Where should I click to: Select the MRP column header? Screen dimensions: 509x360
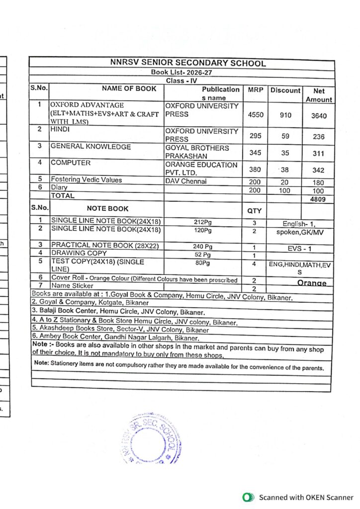tap(255, 90)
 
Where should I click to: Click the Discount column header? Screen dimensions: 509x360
tap(285, 90)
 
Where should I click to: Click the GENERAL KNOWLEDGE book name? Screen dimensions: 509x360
tap(91, 147)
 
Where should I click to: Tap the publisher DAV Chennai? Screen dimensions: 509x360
tap(186, 181)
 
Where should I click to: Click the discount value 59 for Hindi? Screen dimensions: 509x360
tap(285, 136)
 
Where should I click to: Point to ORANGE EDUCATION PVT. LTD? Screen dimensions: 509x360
tap(201, 169)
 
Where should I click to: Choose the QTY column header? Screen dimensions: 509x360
tap(254, 211)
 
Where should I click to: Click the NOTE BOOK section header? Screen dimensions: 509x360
tap(107, 209)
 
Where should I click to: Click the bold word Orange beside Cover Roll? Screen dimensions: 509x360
tap(312, 283)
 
